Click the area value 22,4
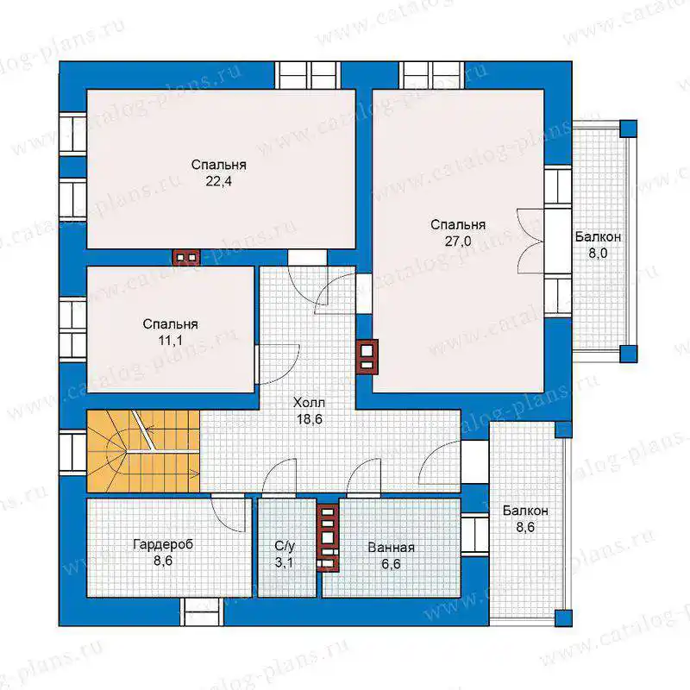219,181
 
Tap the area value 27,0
458,241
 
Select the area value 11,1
170,341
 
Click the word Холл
309,402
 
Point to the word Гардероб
163,544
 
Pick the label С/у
285,546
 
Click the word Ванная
392,548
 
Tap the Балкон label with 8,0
598,236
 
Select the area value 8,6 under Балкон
525,527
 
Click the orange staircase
143,451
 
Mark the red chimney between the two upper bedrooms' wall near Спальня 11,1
186,257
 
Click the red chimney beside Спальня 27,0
367,357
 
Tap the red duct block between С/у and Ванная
328,537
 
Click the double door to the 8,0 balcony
530,241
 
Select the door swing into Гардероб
228,513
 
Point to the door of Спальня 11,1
277,365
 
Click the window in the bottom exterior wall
202,612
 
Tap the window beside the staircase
72,452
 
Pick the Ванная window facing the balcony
475,535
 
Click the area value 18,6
310,419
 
